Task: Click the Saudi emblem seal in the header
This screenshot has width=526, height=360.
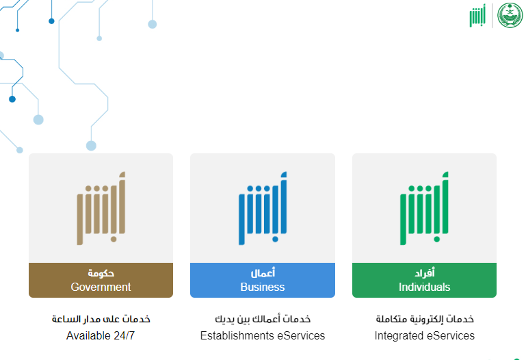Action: [510, 15]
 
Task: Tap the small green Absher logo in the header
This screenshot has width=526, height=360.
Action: [477, 16]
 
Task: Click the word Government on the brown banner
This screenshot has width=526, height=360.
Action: [101, 287]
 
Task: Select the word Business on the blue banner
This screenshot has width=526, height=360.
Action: [263, 287]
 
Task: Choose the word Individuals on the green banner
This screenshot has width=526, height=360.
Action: [424, 287]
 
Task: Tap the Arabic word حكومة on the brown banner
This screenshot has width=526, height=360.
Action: [101, 273]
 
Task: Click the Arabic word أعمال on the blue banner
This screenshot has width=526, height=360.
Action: [263, 273]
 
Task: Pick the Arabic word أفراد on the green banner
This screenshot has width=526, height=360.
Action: [425, 273]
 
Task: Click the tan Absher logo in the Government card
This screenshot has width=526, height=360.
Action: [101, 208]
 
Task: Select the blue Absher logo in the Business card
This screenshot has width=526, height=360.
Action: [263, 208]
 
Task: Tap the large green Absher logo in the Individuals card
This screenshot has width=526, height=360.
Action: [424, 208]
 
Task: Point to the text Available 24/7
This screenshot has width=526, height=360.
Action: [101, 335]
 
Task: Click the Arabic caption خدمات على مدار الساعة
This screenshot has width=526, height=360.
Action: [101, 319]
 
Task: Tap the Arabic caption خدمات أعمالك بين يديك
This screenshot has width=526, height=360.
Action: [263, 319]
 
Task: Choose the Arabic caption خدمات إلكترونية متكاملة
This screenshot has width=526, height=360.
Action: [425, 319]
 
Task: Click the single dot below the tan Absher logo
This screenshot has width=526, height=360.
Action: [114, 240]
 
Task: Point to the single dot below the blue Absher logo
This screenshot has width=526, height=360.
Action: [275, 240]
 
